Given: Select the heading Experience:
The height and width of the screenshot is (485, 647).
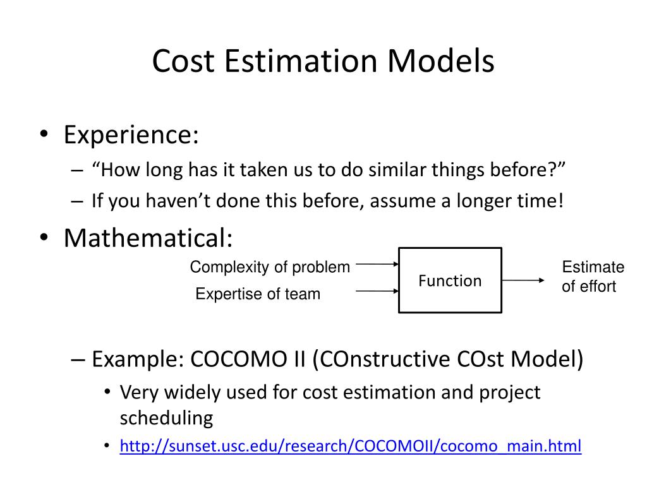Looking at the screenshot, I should (131, 135).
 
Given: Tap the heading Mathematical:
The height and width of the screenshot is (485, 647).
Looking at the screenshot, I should (148, 238).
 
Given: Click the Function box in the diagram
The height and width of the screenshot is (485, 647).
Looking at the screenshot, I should (450, 280).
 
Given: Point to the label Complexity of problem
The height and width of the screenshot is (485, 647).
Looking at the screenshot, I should (270, 267).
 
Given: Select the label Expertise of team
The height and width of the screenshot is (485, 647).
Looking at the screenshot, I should (258, 294).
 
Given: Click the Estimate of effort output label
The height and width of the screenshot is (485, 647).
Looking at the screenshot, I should (592, 277).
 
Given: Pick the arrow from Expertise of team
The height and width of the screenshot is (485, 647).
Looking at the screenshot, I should (377, 291).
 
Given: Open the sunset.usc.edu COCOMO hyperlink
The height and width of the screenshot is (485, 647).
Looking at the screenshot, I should (351, 446).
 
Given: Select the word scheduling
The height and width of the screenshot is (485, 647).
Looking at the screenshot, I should (166, 418).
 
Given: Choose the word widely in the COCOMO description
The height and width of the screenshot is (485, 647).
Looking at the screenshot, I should (195, 392).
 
